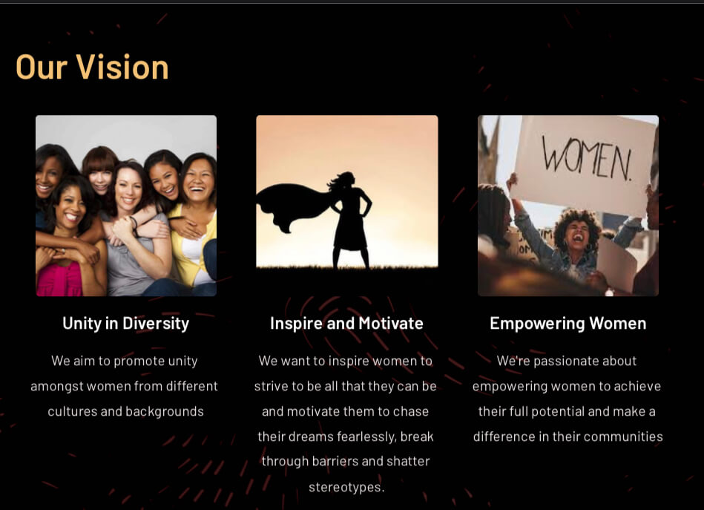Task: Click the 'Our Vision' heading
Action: pos(92,68)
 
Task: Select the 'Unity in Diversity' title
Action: pos(125,324)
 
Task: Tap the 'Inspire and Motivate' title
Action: pos(346,323)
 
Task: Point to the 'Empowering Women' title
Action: pos(568,324)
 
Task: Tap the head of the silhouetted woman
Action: pos(346,180)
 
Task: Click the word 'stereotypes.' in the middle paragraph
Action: pos(346,487)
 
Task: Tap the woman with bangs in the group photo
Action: pos(100,171)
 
